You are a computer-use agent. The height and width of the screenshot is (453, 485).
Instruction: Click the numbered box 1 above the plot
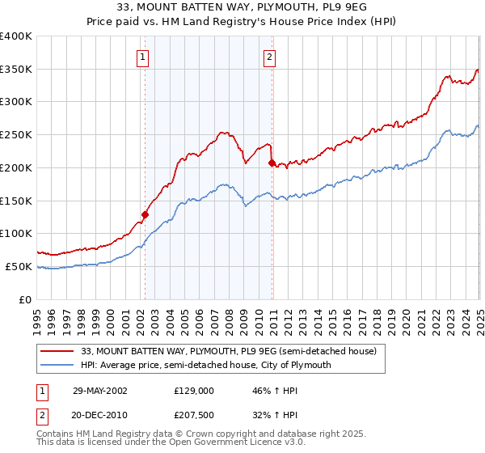pyautogui.click(x=142, y=57)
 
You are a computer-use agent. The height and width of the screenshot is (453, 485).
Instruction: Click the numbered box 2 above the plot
pyautogui.click(x=268, y=57)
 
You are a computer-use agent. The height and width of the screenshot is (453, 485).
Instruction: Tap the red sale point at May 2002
pyautogui.click(x=145, y=214)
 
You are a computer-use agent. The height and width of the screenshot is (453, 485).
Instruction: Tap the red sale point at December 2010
pyautogui.click(x=272, y=163)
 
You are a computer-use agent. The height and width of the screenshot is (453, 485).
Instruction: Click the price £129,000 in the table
pyautogui.click(x=194, y=390)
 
